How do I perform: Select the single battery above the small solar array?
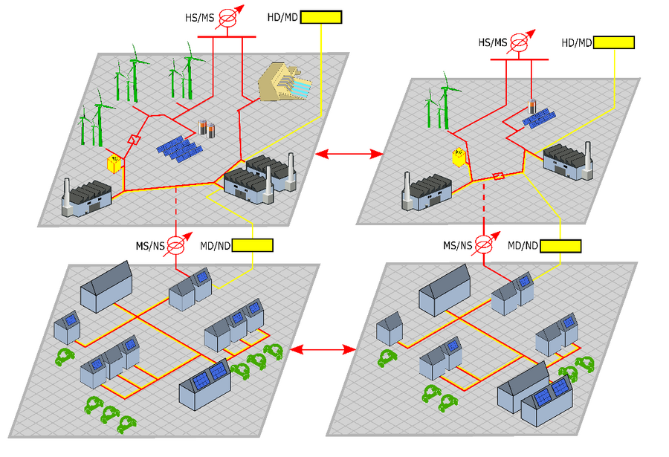(x=531, y=106)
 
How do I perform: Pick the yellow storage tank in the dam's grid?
(x=114, y=163)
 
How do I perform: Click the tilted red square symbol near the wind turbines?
(x=135, y=140)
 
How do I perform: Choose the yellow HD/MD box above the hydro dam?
(x=321, y=16)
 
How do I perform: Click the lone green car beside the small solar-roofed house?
(x=65, y=357)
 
